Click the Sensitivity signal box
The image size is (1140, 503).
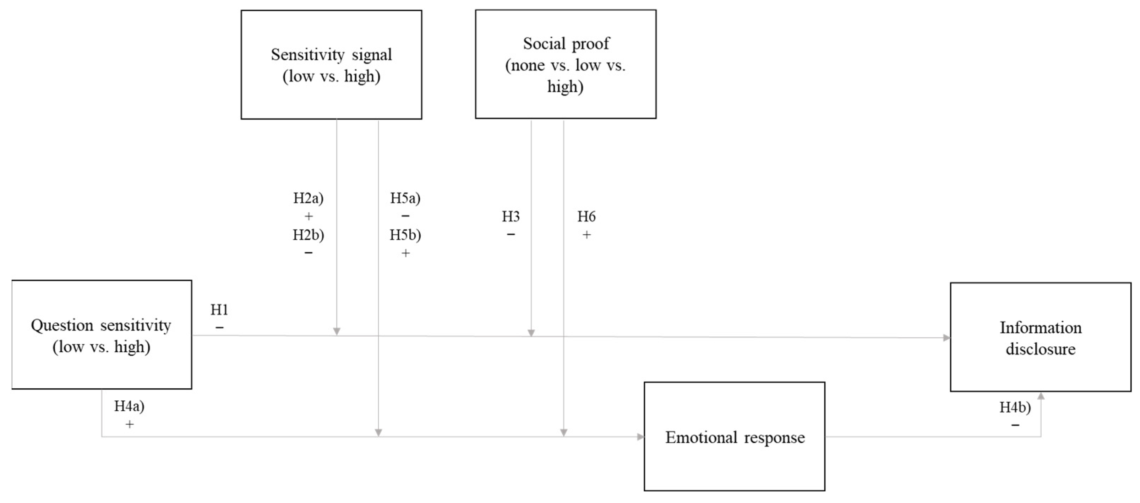331,65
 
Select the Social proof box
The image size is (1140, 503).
566,65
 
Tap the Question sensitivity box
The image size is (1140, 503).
101,335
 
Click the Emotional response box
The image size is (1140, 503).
735,437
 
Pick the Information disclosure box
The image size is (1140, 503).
1041,338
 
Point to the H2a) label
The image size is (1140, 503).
309,198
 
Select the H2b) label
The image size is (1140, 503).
309,235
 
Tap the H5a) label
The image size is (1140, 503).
405,198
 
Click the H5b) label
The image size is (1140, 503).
405,235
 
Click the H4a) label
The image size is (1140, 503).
129,406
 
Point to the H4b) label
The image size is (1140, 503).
1015,407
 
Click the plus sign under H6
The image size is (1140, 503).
587,235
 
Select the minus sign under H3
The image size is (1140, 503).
511,235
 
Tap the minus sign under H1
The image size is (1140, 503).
219,328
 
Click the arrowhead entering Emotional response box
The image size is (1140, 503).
640,437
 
